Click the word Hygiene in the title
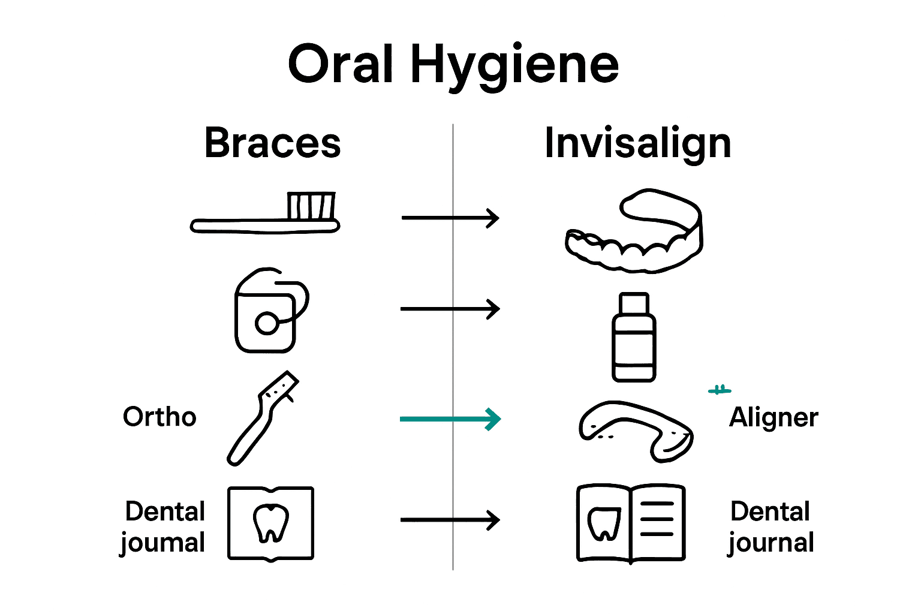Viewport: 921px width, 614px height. [x=514, y=66]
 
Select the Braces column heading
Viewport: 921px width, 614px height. [x=272, y=143]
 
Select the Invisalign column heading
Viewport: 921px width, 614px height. [x=637, y=144]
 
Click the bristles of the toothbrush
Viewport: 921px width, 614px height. [x=311, y=206]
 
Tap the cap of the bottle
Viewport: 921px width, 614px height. [x=634, y=303]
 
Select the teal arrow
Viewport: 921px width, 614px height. [x=450, y=419]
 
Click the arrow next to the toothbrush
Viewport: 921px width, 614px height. [x=450, y=218]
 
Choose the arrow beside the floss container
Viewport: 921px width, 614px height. [x=450, y=309]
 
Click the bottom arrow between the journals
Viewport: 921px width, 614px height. [x=450, y=520]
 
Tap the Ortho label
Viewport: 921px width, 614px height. [x=159, y=417]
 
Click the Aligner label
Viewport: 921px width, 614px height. [x=773, y=418]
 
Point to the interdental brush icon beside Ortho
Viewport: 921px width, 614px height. [x=263, y=419]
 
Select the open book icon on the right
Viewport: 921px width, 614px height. [x=631, y=523]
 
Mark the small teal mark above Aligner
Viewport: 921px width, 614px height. [x=720, y=390]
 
